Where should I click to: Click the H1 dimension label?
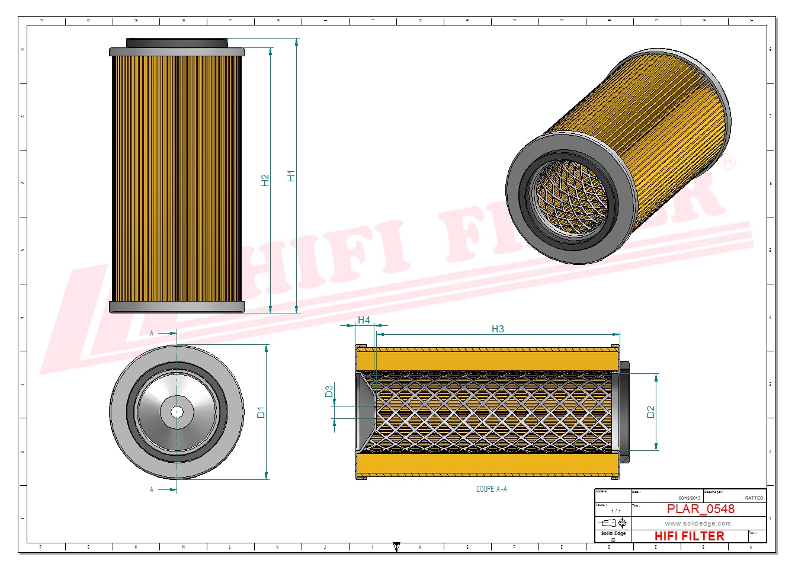pos(291,176)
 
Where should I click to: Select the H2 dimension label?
pos(265,180)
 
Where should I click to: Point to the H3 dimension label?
pos(498,329)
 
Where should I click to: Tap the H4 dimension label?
pos(364,320)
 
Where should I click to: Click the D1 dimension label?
pos(261,412)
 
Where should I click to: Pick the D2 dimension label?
pos(650,412)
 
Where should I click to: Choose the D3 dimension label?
pos(329,391)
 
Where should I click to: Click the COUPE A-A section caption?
pos(491,489)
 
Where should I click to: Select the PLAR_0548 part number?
pos(700,509)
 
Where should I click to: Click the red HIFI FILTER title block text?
pos(689,536)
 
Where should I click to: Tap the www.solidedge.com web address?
pos(697,523)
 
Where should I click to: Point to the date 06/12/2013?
pos(689,498)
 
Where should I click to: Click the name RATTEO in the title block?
pos(754,498)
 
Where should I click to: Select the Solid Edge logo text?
pos(613,534)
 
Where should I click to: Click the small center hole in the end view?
pos(177,412)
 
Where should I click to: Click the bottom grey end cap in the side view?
pos(177,307)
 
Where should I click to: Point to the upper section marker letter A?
pos(152,334)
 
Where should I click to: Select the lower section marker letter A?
pos(152,489)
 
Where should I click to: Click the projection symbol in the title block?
pos(613,523)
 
